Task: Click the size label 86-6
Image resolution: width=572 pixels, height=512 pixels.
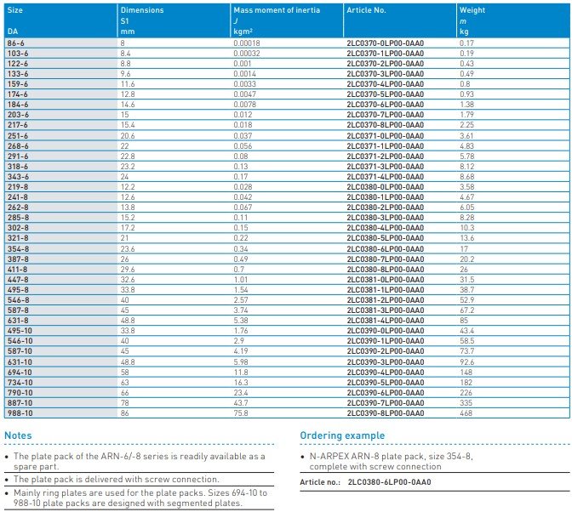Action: click(16, 42)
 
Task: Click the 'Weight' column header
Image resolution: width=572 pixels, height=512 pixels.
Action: click(472, 9)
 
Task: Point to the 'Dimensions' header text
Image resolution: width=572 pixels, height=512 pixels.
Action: click(141, 9)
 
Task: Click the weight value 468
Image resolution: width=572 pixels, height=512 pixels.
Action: click(466, 412)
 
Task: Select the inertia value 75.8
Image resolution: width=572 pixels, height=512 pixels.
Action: click(241, 412)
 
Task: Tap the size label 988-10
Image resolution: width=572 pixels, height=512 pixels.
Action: click(20, 412)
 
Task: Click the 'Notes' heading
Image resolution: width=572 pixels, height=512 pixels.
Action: click(20, 436)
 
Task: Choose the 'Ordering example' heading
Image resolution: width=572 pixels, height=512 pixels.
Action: click(341, 436)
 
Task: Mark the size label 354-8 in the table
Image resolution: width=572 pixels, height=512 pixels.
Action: click(17, 249)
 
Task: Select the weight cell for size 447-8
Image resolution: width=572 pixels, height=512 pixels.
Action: click(466, 277)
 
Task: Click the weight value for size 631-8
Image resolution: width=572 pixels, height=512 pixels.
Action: click(464, 319)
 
